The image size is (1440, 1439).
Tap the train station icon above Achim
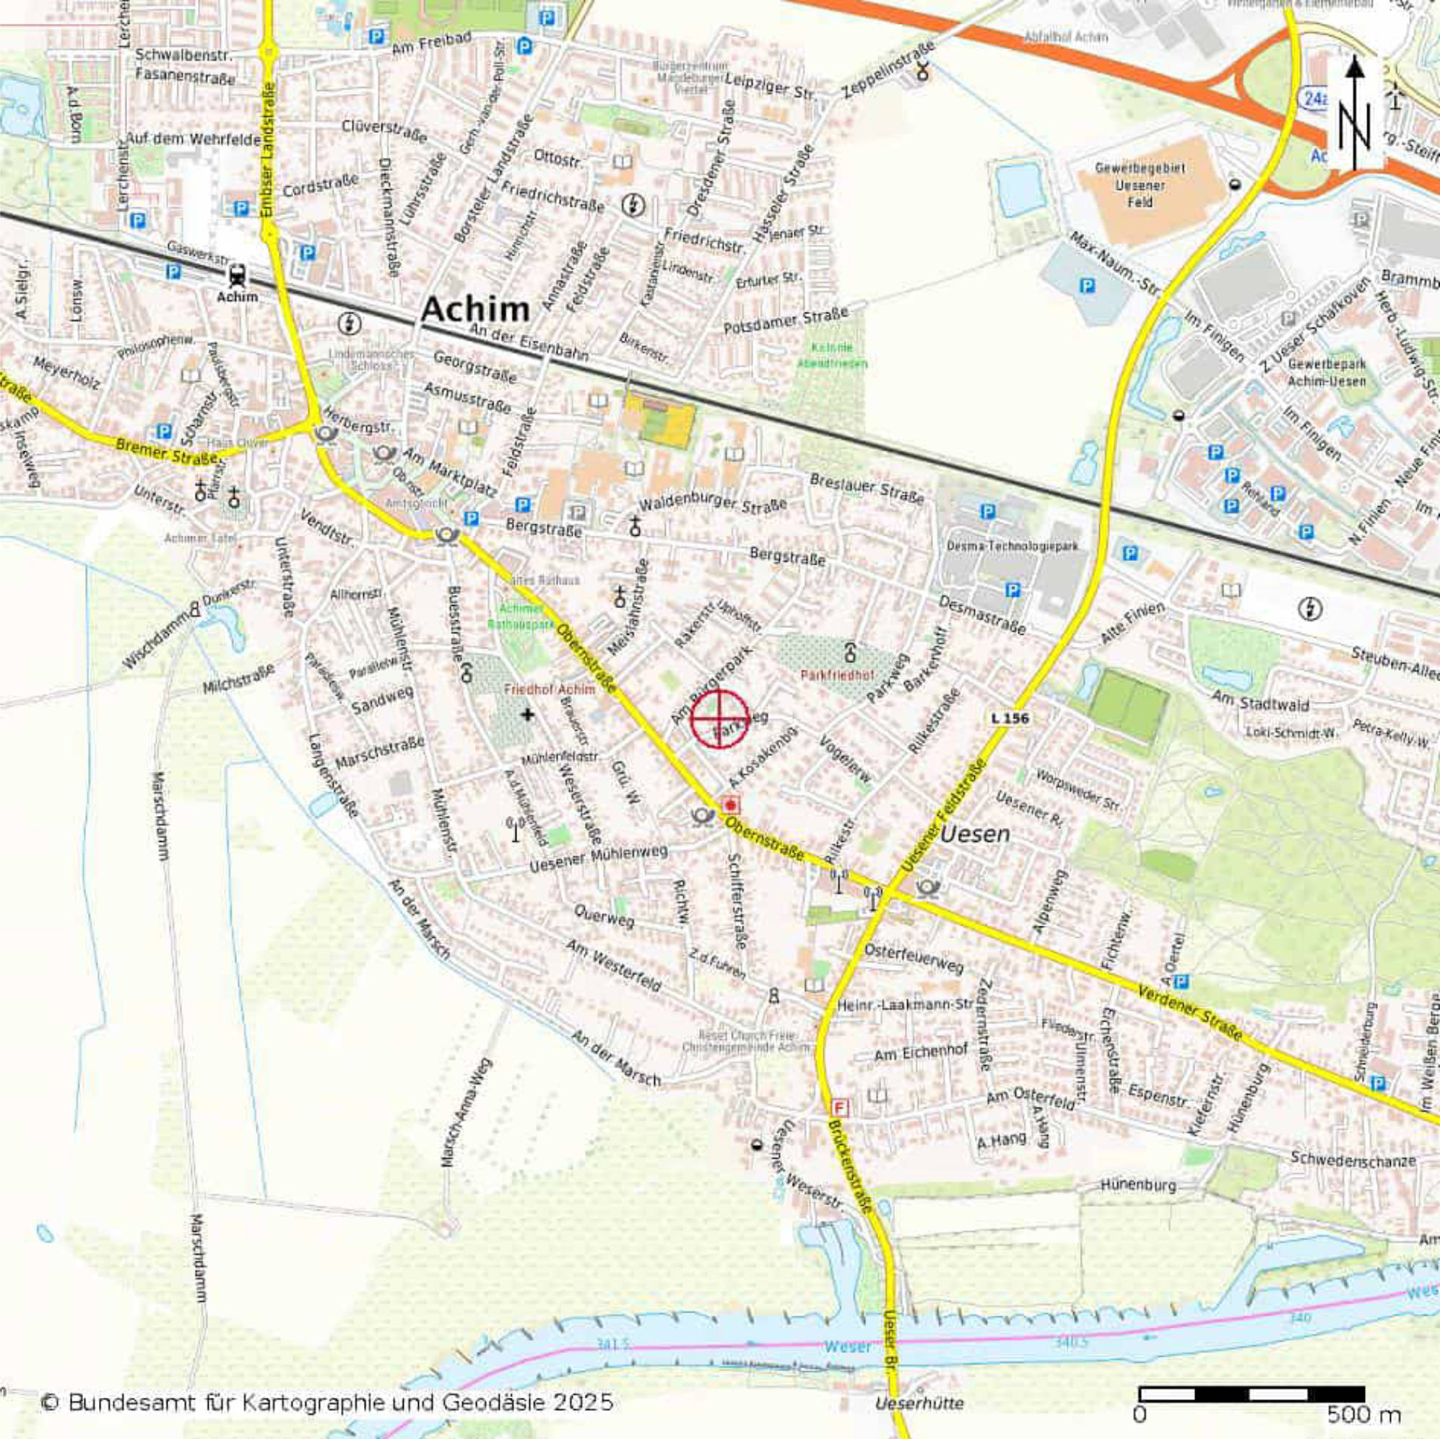click(238, 275)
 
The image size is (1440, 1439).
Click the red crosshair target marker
click(719, 718)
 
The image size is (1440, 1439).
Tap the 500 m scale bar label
click(1364, 1414)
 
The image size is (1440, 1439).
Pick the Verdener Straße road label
click(1189, 1014)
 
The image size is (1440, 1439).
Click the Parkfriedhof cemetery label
click(837, 676)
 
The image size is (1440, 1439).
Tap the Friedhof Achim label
click(550, 690)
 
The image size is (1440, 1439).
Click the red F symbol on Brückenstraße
click(840, 1108)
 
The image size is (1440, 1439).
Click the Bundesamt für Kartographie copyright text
click(328, 1402)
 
